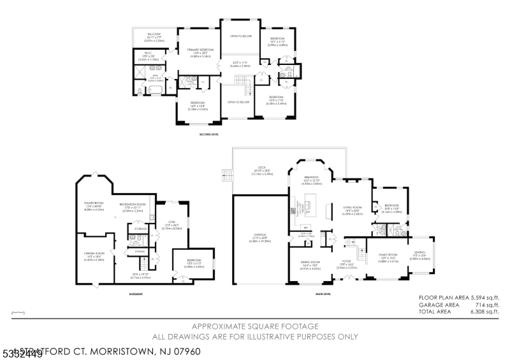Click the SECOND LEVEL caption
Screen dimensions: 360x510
point(210,135)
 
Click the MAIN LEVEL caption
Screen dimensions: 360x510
point(323,294)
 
